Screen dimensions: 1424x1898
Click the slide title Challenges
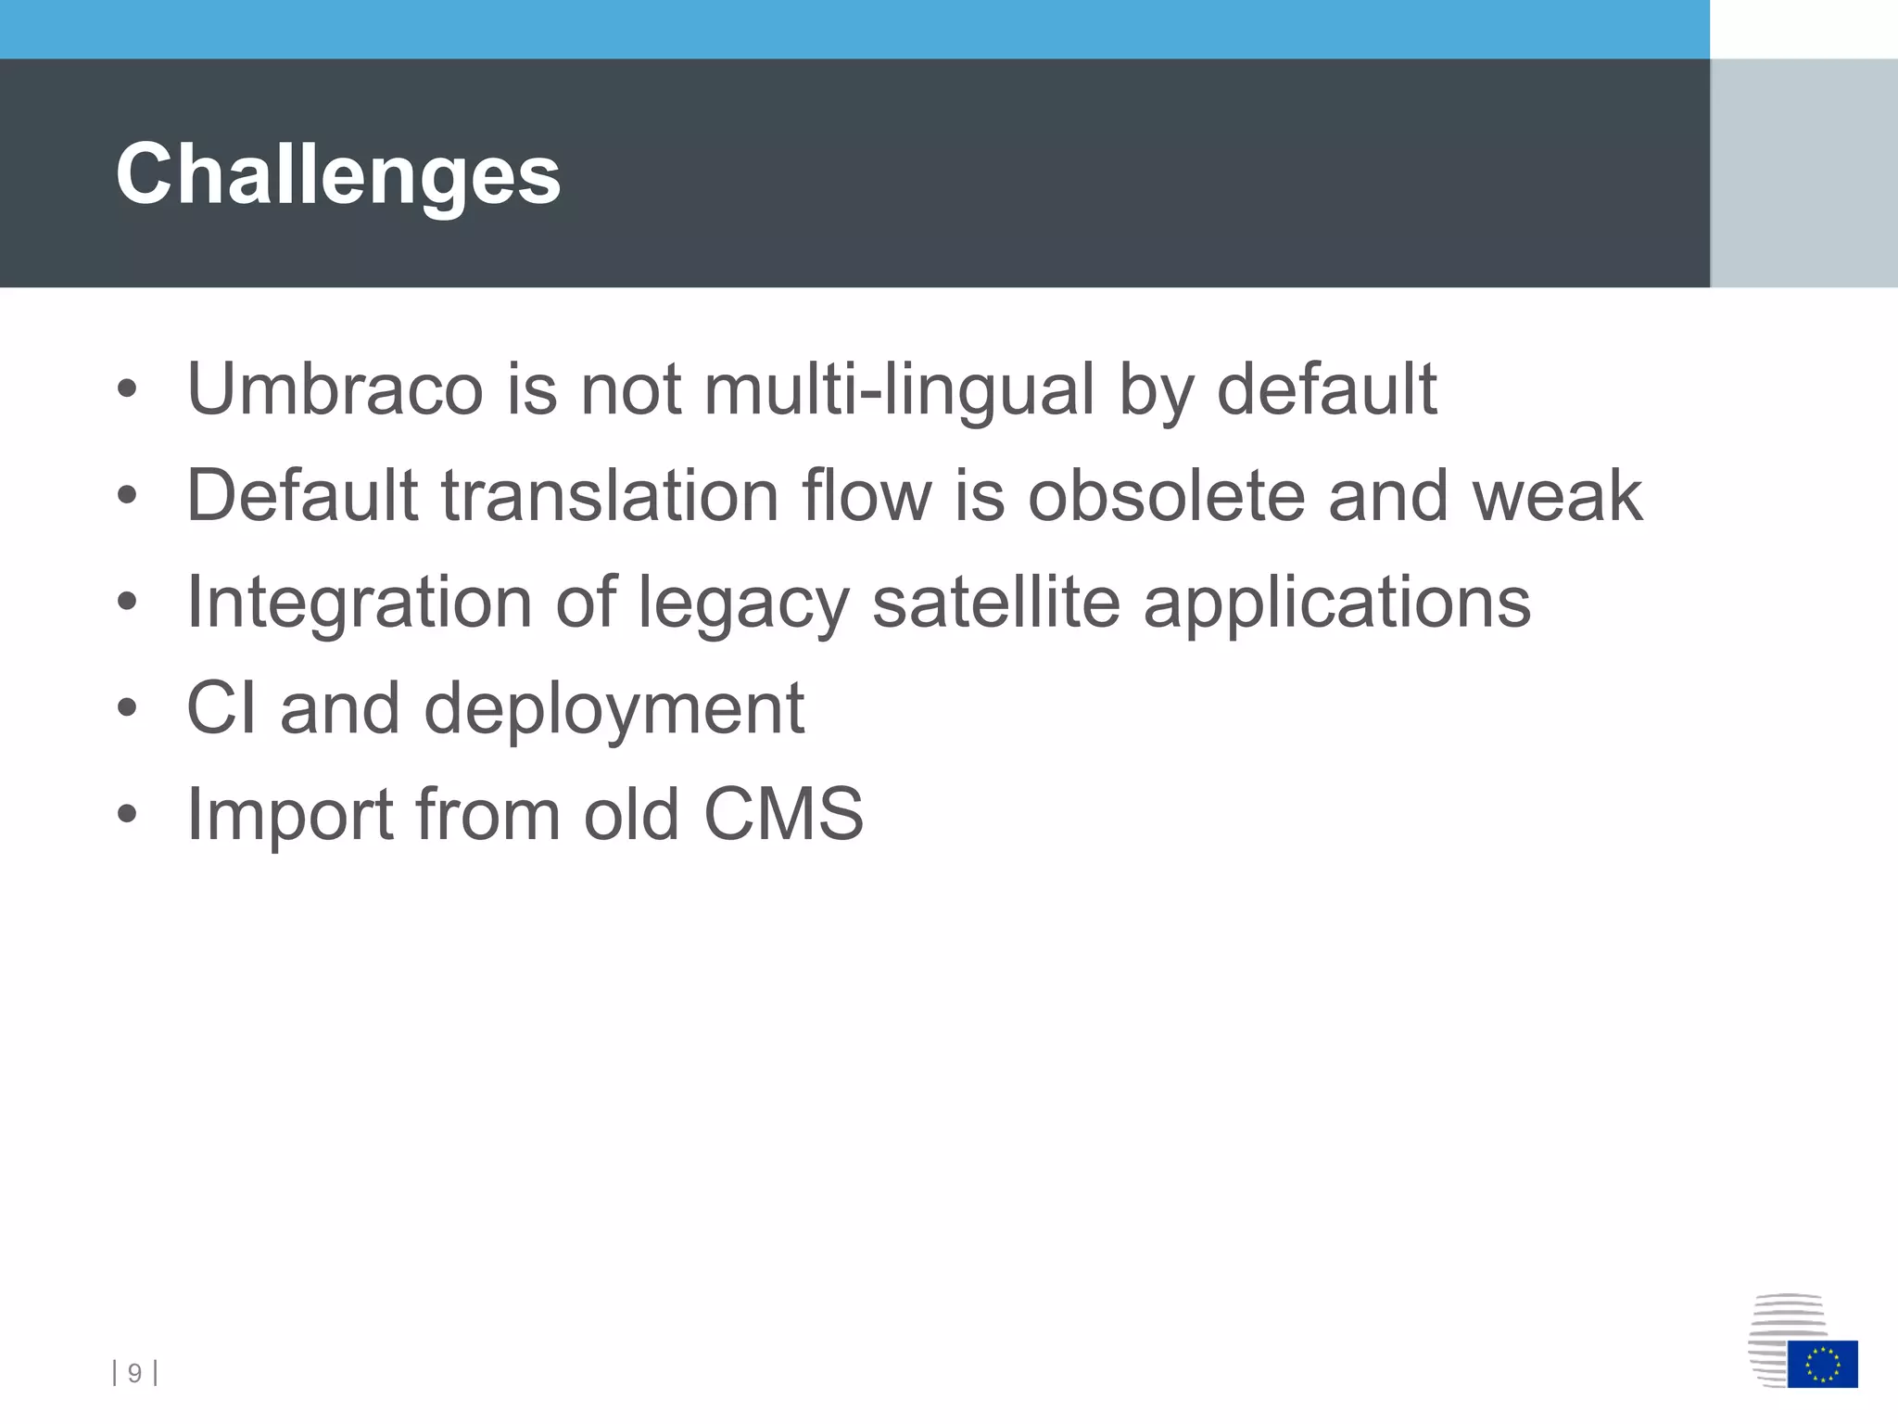pyautogui.click(x=338, y=174)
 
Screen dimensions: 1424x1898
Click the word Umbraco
pyautogui.click(x=335, y=388)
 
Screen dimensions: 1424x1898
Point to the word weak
pyautogui.click(x=1557, y=495)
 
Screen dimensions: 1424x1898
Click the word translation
pyautogui.click(x=608, y=495)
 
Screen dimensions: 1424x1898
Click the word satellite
pyautogui.click(x=995, y=602)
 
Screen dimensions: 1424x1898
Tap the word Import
pyautogui.click(x=289, y=816)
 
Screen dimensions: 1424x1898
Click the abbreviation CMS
pyautogui.click(x=783, y=815)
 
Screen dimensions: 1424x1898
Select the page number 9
pyautogui.click(x=134, y=1373)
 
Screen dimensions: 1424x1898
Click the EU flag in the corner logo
pyautogui.click(x=1822, y=1364)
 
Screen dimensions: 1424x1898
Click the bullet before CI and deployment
pyautogui.click(x=127, y=709)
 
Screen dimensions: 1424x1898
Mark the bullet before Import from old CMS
pyautogui.click(x=127, y=815)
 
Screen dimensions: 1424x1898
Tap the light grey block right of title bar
pyautogui.click(x=1803, y=173)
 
